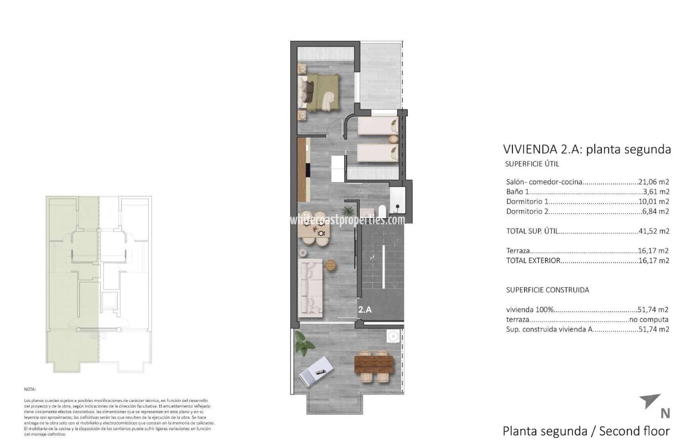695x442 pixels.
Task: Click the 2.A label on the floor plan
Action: tap(365, 310)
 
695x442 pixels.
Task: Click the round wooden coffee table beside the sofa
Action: tap(331, 265)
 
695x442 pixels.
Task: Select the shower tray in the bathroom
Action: tap(397, 201)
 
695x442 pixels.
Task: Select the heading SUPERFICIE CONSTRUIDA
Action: tap(547, 290)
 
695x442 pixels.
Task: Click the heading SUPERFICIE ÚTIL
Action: tap(532, 164)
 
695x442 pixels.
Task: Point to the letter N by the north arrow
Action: tap(665, 414)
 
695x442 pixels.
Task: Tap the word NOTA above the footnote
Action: tap(30, 389)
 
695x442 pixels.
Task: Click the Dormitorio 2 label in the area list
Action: tap(527, 211)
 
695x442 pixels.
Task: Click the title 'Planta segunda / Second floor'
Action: tap(586, 431)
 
